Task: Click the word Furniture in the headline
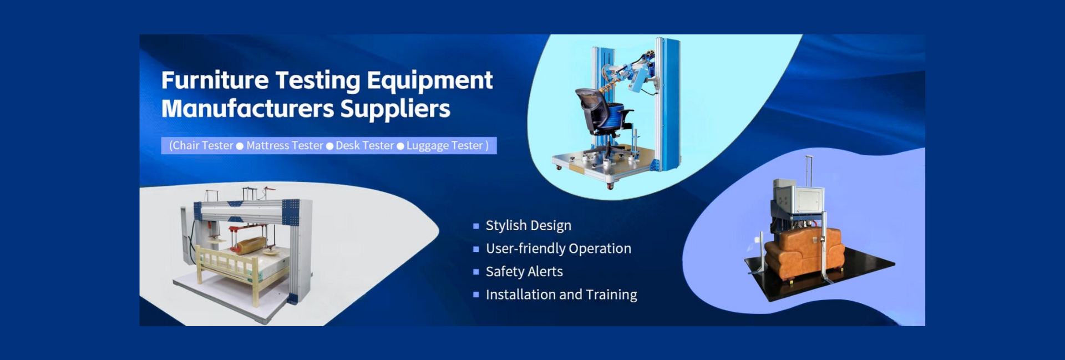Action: pyautogui.click(x=215, y=80)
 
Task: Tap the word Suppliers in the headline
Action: pyautogui.click(x=395, y=109)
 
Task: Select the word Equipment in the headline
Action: pyautogui.click(x=429, y=81)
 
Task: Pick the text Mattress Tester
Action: pyautogui.click(x=285, y=145)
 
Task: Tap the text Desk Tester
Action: pyautogui.click(x=364, y=145)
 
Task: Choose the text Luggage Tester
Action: pyautogui.click(x=445, y=145)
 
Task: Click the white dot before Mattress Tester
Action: pyautogui.click(x=240, y=146)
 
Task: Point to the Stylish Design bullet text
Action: pyautogui.click(x=528, y=225)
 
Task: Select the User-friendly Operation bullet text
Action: pyautogui.click(x=559, y=249)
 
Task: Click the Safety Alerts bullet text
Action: pyautogui.click(x=524, y=271)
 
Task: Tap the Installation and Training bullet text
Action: pyautogui.click(x=561, y=295)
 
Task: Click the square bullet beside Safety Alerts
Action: pyautogui.click(x=476, y=272)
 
